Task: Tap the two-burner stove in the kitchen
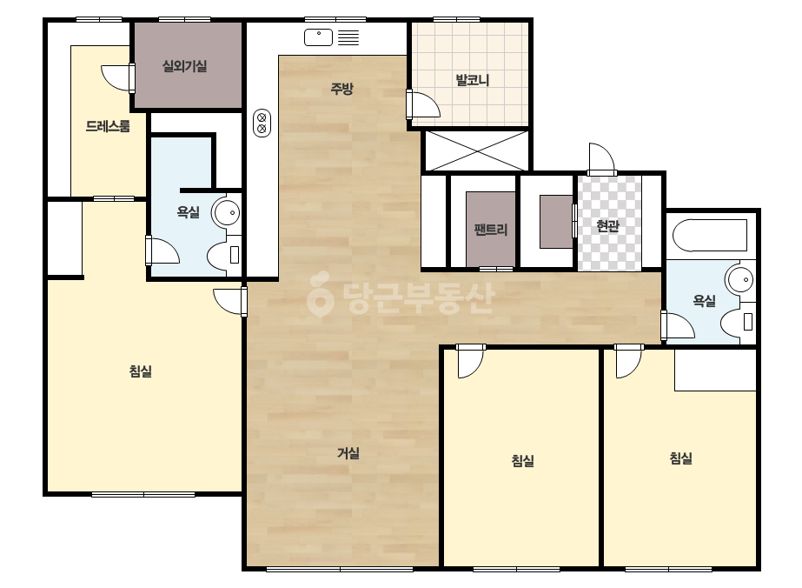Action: pyautogui.click(x=262, y=124)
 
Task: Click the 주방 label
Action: pyautogui.click(x=341, y=89)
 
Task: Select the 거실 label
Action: pyautogui.click(x=348, y=453)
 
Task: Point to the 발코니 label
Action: pyautogui.click(x=472, y=80)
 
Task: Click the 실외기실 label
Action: pyautogui.click(x=185, y=66)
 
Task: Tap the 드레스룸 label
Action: pyautogui.click(x=108, y=126)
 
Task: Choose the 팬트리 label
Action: pyautogui.click(x=491, y=230)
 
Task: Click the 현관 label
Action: pyautogui.click(x=608, y=225)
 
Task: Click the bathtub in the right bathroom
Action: pyautogui.click(x=710, y=236)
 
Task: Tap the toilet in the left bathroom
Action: pyautogui.click(x=224, y=255)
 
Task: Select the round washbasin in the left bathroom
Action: pyautogui.click(x=227, y=212)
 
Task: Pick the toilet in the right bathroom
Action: pyautogui.click(x=738, y=322)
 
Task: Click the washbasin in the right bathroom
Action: pyautogui.click(x=740, y=280)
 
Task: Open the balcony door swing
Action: pyautogui.click(x=424, y=104)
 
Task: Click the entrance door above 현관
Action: pyautogui.click(x=601, y=160)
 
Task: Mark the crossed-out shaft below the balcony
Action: pyautogui.click(x=477, y=150)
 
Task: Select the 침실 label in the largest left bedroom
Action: pyautogui.click(x=141, y=371)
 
